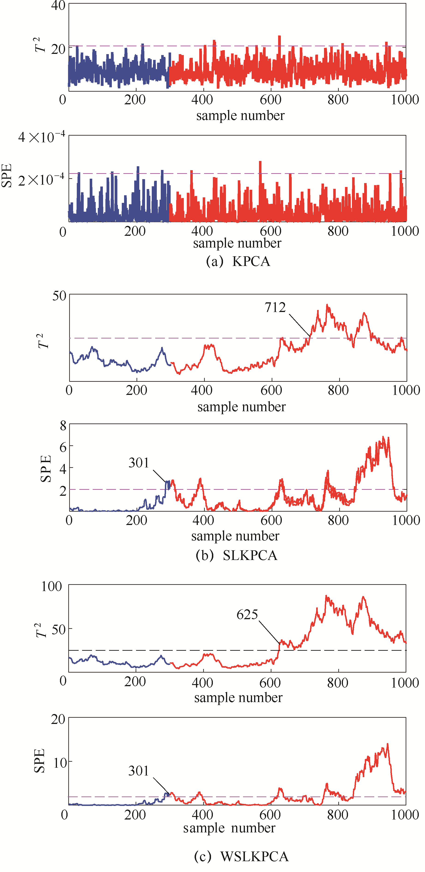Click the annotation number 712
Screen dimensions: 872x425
[275, 307]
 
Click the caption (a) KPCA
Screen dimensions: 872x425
[238, 261]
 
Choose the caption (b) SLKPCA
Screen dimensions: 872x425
[237, 555]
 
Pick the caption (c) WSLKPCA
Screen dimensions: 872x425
[241, 856]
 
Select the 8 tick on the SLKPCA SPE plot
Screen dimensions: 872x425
[63, 426]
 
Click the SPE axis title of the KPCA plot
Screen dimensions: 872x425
[7, 175]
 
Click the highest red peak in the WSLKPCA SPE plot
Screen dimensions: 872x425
[387, 745]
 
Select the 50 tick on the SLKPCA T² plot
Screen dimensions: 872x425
[59, 296]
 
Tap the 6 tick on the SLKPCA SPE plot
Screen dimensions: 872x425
[63, 447]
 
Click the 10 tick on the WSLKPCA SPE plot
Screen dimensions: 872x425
[60, 763]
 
